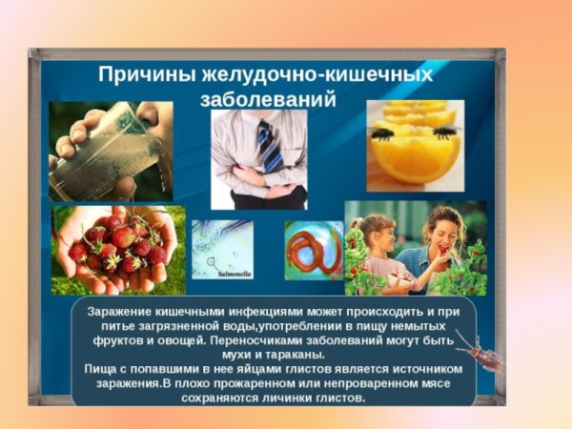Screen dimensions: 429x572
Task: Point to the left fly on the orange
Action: tap(383, 134)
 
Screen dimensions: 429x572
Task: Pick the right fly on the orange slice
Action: tap(443, 133)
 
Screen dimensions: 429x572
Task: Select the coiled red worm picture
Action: tap(314, 251)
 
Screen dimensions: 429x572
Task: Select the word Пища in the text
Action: tap(106, 368)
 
